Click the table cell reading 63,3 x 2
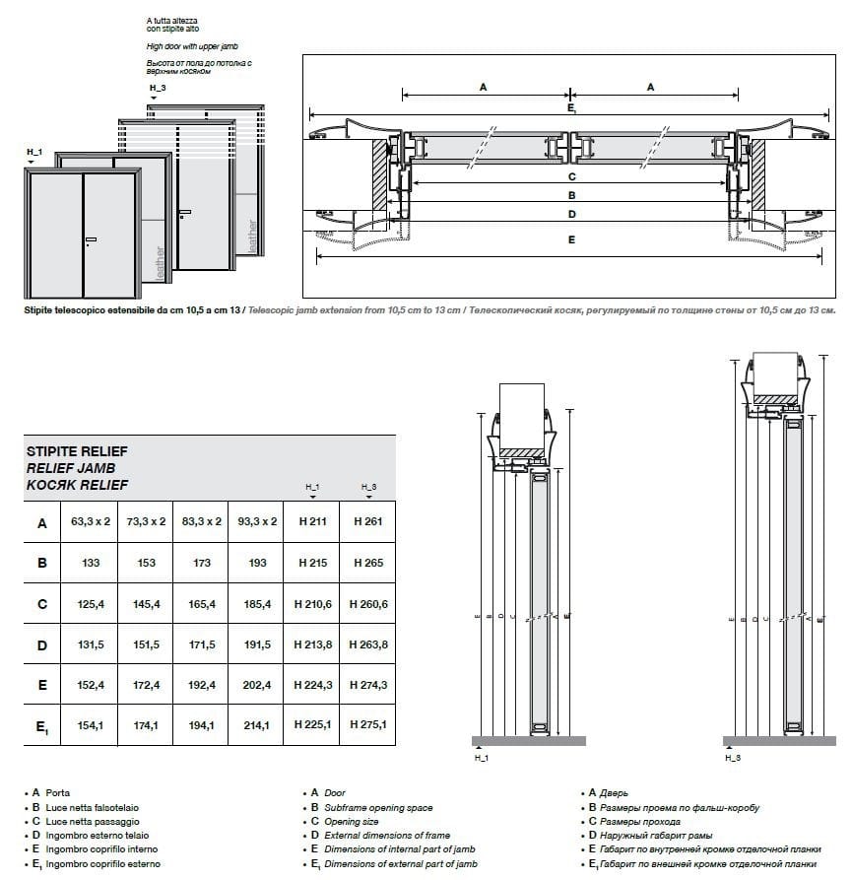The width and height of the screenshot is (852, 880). pyautogui.click(x=91, y=521)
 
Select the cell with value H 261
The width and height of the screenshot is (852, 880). pyautogui.click(x=367, y=521)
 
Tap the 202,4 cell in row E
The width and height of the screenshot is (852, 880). pyautogui.click(x=256, y=685)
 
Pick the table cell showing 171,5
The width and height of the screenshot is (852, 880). pyautogui.click(x=201, y=644)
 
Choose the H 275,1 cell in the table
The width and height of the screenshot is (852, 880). pyautogui.click(x=367, y=725)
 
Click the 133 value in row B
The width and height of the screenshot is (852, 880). pyautogui.click(x=91, y=563)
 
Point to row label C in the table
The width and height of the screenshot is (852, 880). pyautogui.click(x=41, y=604)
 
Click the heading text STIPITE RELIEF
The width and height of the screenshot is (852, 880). pyautogui.click(x=77, y=450)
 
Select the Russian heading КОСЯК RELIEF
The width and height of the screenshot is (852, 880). pyautogui.click(x=77, y=485)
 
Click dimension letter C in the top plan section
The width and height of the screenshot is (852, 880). pyautogui.click(x=571, y=177)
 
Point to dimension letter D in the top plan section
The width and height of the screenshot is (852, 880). pyautogui.click(x=571, y=213)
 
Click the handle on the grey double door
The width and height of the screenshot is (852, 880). pyautogui.click(x=91, y=240)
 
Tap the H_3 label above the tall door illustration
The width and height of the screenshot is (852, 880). pyautogui.click(x=157, y=88)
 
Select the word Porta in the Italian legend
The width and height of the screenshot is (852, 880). pyautogui.click(x=58, y=792)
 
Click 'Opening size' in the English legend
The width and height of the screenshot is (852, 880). pyautogui.click(x=352, y=821)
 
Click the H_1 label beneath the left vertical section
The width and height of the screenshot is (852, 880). pyautogui.click(x=482, y=759)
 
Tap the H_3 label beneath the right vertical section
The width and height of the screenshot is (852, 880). pyautogui.click(x=732, y=759)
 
